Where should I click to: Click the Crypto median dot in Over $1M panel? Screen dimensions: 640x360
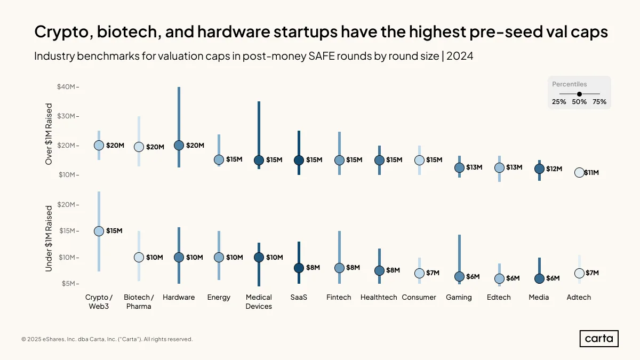(99, 146)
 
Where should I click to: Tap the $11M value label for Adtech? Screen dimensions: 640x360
(591, 173)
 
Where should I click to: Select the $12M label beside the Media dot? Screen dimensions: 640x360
(554, 169)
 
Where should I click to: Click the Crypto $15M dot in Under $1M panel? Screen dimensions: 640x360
(99, 231)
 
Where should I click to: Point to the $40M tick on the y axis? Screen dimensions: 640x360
(66, 86)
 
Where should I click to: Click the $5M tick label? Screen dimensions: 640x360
(69, 283)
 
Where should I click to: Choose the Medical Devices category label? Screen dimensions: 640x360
(259, 302)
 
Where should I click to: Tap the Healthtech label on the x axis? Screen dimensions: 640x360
(379, 297)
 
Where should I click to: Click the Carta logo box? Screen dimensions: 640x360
(599, 339)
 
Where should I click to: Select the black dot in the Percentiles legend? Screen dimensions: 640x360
(579, 94)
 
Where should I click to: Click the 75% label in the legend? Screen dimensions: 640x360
(599, 102)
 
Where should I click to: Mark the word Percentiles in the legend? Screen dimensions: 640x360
(570, 84)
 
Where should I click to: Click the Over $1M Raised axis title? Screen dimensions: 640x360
(49, 134)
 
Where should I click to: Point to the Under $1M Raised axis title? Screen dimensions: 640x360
(49, 238)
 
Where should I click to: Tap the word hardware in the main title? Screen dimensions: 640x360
(234, 31)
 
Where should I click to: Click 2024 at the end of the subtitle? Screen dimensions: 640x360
(460, 56)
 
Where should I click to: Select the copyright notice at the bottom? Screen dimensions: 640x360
(107, 339)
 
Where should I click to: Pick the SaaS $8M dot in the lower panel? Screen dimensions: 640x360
(299, 268)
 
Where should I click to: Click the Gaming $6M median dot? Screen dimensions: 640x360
(459, 277)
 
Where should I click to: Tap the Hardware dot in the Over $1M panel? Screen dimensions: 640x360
(179, 146)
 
